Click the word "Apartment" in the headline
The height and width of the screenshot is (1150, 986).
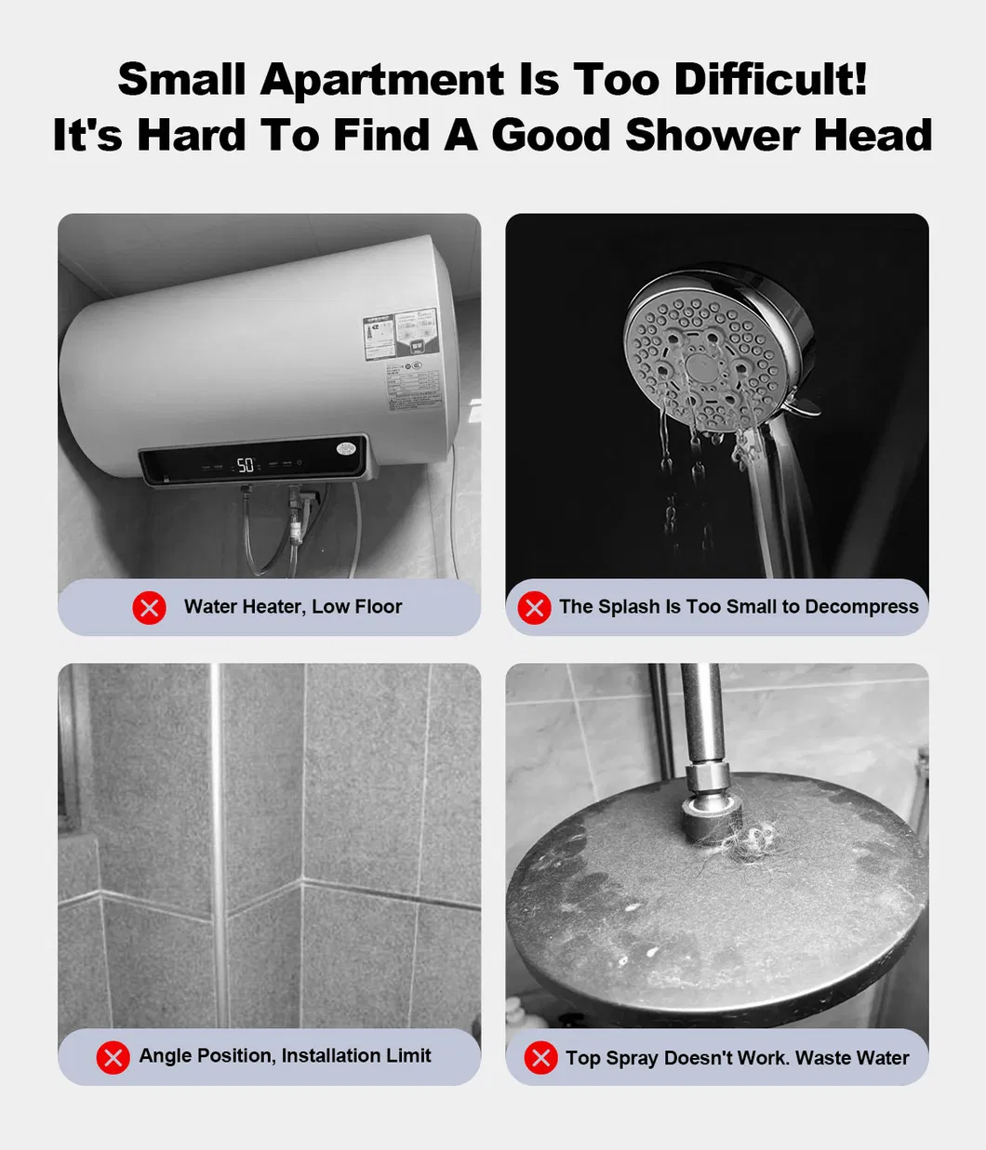point(382,80)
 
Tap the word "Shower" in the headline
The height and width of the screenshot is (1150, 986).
point(712,136)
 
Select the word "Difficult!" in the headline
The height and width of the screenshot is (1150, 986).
point(770,80)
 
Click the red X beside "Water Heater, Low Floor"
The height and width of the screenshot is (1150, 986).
point(149,608)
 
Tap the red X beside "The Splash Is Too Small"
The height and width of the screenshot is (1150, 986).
point(534,608)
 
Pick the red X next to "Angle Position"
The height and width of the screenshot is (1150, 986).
point(113,1057)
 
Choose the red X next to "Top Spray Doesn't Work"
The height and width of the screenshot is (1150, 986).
point(540,1058)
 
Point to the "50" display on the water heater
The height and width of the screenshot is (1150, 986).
point(246,465)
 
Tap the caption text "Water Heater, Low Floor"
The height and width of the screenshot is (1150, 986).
point(293,607)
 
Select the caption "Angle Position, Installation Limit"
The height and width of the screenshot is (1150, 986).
point(285,1056)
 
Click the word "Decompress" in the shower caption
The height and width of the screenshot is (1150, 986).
point(861,607)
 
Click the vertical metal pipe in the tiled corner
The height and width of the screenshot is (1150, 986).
point(216,837)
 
